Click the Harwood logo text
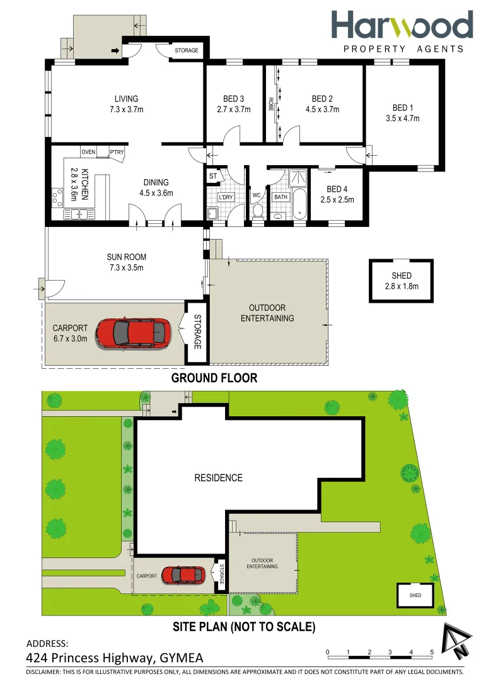(402, 25)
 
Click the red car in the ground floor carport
(133, 332)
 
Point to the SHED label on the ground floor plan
(402, 276)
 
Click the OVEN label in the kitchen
(88, 152)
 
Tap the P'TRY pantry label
(117, 152)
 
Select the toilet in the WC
(257, 214)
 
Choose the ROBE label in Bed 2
(270, 104)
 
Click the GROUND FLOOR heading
(214, 378)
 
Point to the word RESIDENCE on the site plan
(218, 478)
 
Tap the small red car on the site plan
(183, 575)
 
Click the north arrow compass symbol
(456, 640)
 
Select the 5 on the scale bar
(432, 652)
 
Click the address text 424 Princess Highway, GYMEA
(115, 658)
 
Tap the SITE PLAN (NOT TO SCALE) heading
(243, 627)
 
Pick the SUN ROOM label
(126, 257)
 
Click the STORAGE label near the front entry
(186, 50)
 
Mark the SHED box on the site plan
(415, 595)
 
